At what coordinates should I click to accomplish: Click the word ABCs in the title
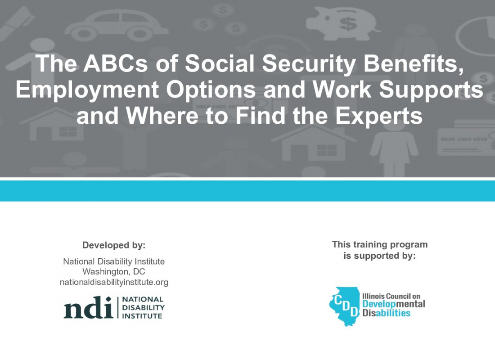click(115, 63)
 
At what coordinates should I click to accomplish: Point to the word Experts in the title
click(378, 117)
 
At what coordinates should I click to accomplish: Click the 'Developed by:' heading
click(114, 245)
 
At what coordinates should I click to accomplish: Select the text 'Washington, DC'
click(114, 272)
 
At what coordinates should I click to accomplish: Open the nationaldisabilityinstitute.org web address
click(114, 282)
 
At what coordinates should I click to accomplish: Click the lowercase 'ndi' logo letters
click(88, 307)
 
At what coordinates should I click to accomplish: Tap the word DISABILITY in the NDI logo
click(143, 307)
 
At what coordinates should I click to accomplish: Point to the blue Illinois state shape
click(344, 306)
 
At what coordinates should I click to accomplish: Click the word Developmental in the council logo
click(394, 304)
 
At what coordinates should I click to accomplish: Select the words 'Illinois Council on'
click(391, 296)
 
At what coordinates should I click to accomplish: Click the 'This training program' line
click(380, 244)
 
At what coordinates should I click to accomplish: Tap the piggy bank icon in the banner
click(342, 23)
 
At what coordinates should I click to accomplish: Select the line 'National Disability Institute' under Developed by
click(114, 261)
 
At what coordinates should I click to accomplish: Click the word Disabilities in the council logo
click(387, 313)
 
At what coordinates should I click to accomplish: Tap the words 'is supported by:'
click(380, 256)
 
